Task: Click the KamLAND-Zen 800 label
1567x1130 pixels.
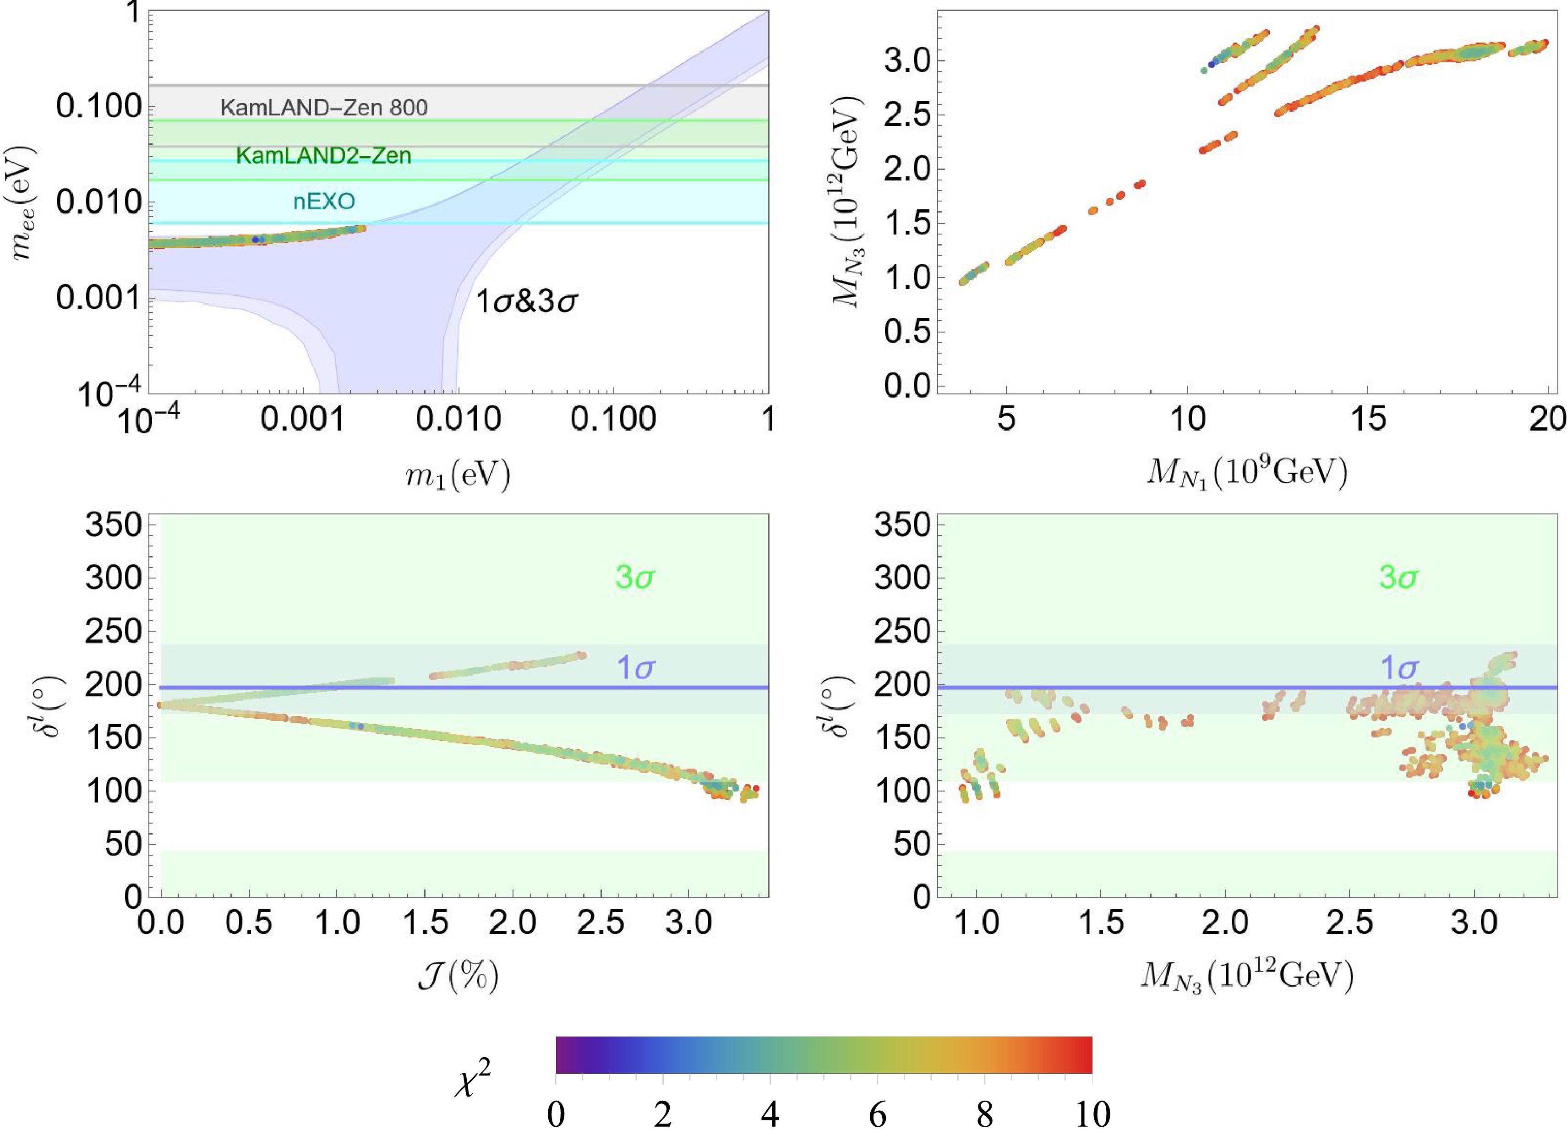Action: pyautogui.click(x=324, y=108)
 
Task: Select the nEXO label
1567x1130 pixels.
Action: pyautogui.click(x=324, y=202)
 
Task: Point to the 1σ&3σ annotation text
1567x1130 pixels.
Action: pyautogui.click(x=526, y=302)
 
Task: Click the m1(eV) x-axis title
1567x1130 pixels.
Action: pyautogui.click(x=458, y=475)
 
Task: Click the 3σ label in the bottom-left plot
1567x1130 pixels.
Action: pyautogui.click(x=635, y=578)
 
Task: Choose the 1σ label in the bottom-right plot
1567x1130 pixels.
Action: pyautogui.click(x=1399, y=668)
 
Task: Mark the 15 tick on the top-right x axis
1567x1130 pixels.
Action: pyautogui.click(x=1368, y=419)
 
